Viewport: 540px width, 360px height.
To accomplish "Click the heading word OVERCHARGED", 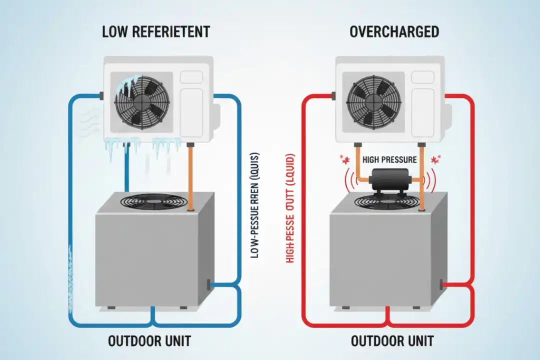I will [394, 32].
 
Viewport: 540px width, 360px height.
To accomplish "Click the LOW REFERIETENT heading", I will [155, 32].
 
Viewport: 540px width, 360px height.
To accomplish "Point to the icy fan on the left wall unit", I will [138, 99].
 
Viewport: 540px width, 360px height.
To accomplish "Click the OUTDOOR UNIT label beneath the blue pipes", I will [149, 341].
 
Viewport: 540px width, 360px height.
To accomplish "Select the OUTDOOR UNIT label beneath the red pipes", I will [392, 341].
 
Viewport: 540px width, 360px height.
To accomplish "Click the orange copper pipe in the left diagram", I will [190, 175].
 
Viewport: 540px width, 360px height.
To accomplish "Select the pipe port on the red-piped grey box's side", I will [442, 284].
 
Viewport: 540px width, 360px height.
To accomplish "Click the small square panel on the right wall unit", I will [422, 77].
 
